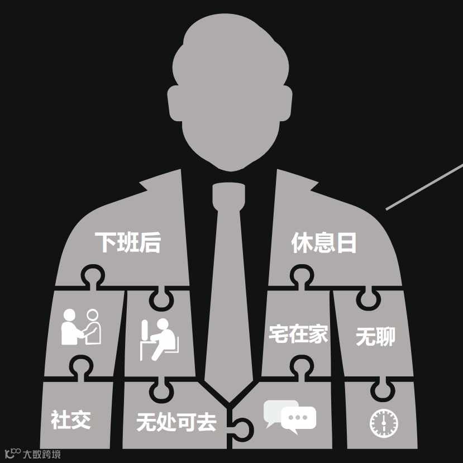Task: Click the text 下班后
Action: tap(127, 243)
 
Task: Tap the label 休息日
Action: tap(324, 243)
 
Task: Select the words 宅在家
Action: tap(298, 335)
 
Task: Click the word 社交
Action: tap(70, 419)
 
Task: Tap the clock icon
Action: tap(384, 423)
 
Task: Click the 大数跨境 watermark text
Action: tap(41, 454)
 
